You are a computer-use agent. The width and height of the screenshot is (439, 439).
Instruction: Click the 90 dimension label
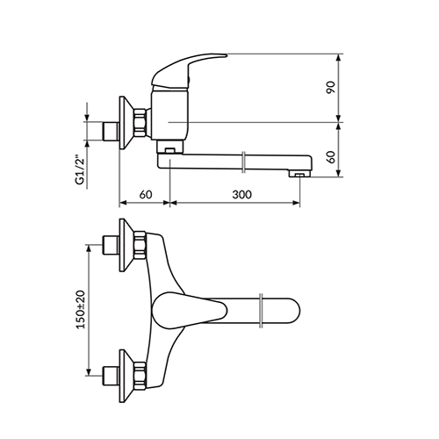(331, 87)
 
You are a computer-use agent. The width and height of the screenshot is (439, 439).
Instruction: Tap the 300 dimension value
(241, 194)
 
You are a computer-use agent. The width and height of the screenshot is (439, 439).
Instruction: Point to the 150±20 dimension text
(81, 309)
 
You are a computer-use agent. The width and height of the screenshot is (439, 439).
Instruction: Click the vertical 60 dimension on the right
(331, 157)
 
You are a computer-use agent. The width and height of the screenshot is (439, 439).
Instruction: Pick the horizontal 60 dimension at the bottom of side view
(146, 194)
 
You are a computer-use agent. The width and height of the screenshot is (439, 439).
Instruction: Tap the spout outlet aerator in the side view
(299, 175)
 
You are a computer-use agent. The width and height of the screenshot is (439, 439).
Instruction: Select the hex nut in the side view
(140, 122)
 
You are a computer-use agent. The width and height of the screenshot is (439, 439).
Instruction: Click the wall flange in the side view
(126, 123)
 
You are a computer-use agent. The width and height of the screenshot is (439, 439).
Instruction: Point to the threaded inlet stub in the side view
(111, 131)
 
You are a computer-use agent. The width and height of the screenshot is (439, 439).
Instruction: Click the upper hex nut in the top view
(140, 245)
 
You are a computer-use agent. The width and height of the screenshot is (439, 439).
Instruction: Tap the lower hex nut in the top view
(140, 377)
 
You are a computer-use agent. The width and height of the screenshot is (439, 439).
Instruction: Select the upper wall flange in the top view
(126, 245)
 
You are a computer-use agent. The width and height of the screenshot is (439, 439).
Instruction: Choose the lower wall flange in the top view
(126, 376)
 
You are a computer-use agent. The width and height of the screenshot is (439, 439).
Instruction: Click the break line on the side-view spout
(243, 162)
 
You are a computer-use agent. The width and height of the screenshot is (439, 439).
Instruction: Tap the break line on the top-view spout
(261, 311)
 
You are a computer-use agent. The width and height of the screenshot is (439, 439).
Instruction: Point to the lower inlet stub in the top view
(111, 376)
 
